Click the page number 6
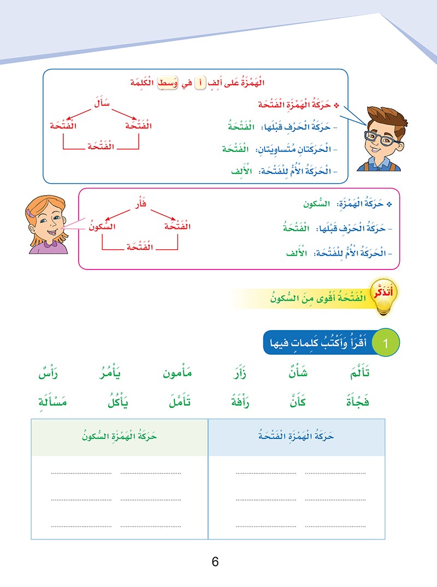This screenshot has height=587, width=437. (x=215, y=562)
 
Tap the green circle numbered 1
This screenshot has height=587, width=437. (x=386, y=344)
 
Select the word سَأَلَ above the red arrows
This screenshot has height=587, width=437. (x=102, y=102)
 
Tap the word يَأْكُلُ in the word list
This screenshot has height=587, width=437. (x=119, y=403)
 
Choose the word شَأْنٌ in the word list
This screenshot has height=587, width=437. (x=297, y=374)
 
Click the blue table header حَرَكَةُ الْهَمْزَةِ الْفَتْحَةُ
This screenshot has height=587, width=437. (x=296, y=437)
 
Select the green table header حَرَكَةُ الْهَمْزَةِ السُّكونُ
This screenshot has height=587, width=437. (x=119, y=437)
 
